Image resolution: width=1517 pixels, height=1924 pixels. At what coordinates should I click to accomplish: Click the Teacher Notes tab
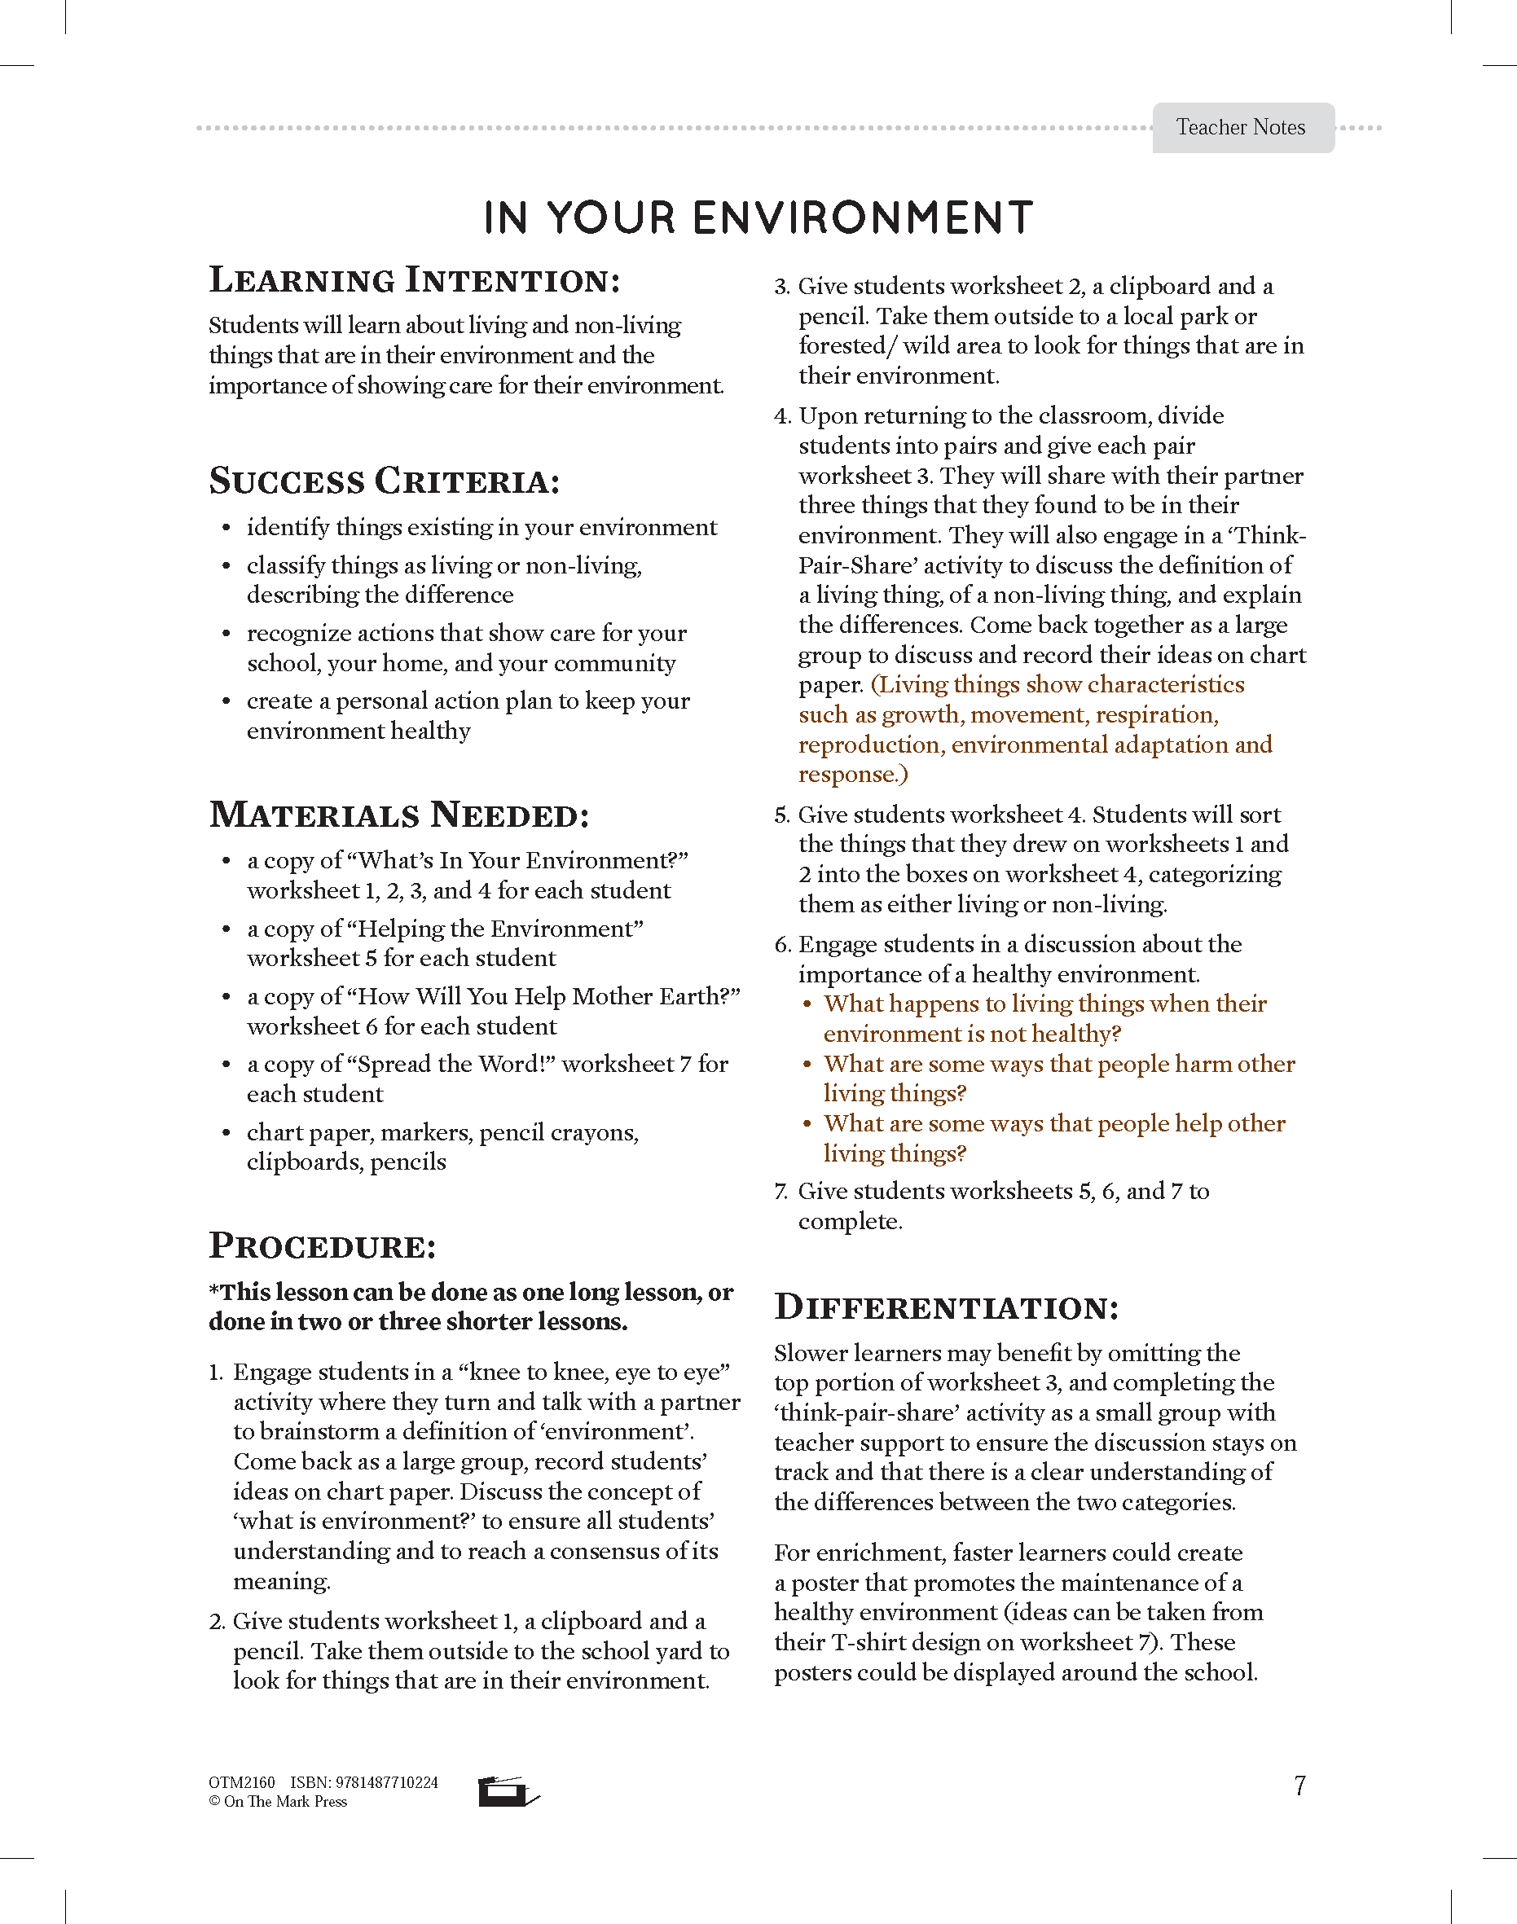coord(1242,128)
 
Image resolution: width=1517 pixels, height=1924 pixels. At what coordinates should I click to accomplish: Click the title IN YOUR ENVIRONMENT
coord(758,218)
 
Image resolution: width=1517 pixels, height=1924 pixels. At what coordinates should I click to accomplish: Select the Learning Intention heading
coord(414,280)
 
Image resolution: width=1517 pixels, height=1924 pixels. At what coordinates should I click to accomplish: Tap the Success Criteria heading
coord(385,481)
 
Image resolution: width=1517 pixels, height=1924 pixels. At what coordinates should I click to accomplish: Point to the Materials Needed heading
coord(398,815)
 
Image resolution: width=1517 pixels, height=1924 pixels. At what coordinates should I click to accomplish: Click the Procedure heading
coord(323,1245)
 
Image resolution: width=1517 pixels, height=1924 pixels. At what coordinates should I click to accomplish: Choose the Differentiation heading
coord(946,1307)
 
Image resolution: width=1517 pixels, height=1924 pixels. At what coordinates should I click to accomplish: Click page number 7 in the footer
coord(1299,1786)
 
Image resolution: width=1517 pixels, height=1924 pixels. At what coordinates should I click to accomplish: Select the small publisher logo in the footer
coord(507,1792)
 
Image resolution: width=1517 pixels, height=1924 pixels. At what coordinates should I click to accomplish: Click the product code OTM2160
coord(242,1783)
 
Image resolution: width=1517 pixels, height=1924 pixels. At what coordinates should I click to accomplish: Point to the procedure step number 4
coord(781,416)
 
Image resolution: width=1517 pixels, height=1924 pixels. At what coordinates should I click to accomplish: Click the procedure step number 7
coord(780,1192)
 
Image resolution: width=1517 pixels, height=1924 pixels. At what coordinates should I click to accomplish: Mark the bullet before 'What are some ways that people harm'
coord(807,1065)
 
